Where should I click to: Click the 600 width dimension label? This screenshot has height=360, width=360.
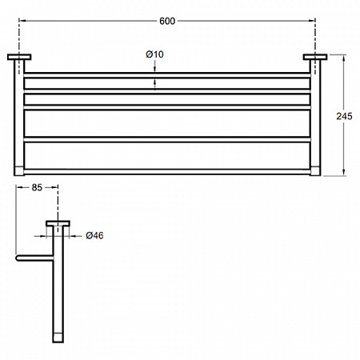point(167,21)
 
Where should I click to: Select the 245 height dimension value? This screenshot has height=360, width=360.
point(344,116)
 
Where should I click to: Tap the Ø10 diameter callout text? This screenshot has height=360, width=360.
point(154,54)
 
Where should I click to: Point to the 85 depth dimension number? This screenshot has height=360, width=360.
point(37,188)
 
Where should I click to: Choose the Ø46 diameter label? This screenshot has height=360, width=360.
point(94,235)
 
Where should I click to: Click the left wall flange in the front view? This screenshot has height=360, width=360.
point(19,57)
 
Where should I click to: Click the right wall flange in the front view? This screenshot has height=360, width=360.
point(315,57)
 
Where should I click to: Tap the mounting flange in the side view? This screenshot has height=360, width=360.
point(58,223)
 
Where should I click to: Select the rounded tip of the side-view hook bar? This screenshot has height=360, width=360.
point(18,258)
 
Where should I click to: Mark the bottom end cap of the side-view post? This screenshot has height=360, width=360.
point(58,337)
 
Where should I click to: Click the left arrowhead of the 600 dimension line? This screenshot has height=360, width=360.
point(22,21)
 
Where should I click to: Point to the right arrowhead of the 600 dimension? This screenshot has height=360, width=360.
point(312,21)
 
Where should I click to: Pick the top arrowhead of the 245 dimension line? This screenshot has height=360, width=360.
point(344,58)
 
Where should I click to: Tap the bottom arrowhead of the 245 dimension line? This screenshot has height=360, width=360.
point(344,173)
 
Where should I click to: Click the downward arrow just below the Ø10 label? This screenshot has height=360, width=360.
point(155,69)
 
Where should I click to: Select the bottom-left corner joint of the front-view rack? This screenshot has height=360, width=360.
point(19,171)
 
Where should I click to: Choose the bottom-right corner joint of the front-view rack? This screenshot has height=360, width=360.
point(315,171)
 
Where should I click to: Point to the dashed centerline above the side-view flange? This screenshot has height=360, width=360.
point(58,202)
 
